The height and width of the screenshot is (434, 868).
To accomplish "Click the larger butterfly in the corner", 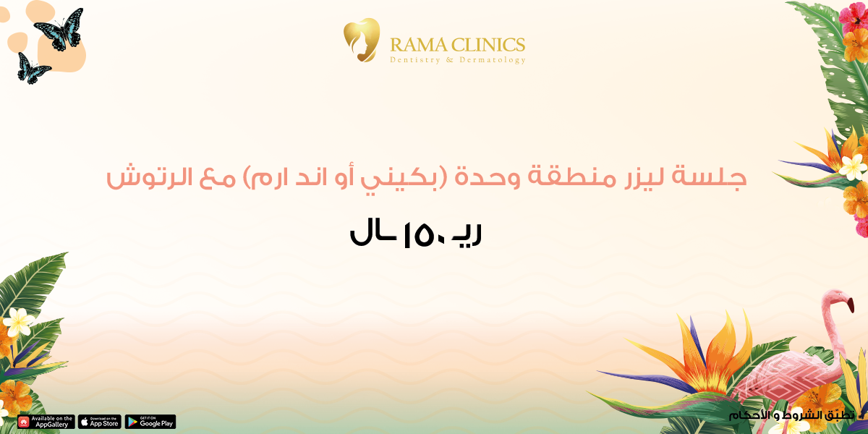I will click(59, 29).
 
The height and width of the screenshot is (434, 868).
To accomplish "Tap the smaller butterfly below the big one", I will click(33, 67).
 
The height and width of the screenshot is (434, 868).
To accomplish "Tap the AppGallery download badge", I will click(46, 422).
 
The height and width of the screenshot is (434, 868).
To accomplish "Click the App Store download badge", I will click(100, 422).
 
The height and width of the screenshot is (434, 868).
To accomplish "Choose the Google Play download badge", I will click(150, 422).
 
